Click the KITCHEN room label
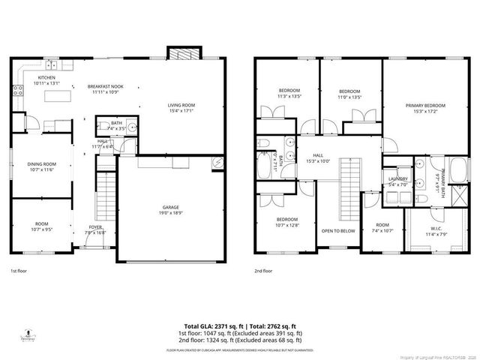[46, 77]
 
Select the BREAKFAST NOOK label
[104, 86]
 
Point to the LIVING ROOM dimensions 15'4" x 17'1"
[181, 111]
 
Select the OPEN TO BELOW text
[337, 231]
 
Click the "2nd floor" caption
[263, 271]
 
